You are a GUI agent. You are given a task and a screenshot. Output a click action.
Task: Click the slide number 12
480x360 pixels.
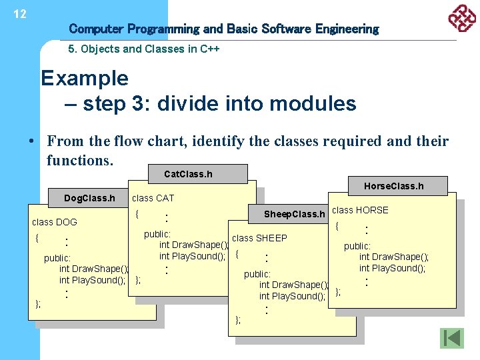20,14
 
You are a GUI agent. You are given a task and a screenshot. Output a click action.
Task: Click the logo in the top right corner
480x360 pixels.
461,19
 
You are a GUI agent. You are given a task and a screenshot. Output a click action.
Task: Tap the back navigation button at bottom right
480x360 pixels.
451,338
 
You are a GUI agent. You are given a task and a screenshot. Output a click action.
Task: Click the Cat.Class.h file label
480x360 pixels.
188,174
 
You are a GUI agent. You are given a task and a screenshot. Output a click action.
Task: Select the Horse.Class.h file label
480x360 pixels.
393,186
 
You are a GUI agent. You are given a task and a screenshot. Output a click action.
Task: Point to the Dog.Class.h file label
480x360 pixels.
89,198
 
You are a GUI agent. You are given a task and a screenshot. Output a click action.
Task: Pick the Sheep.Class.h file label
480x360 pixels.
294,214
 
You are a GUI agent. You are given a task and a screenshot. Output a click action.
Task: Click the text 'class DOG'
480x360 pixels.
55,222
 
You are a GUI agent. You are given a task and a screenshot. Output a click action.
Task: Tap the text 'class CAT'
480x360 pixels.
153,198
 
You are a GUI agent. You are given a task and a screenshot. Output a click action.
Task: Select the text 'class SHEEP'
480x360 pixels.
259,238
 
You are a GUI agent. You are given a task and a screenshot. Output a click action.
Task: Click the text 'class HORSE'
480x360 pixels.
360,210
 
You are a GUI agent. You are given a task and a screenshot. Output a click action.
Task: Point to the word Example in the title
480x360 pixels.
85,78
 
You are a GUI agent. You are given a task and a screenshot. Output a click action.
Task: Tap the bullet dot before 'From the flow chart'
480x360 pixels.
31,141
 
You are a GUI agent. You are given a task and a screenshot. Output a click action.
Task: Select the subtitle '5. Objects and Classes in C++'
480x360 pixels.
144,49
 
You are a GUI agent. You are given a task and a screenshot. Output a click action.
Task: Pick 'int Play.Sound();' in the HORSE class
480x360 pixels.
392,268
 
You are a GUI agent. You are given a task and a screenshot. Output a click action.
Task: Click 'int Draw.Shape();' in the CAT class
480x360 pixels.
193,245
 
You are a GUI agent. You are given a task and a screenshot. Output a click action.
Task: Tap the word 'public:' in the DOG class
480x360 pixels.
57,258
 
